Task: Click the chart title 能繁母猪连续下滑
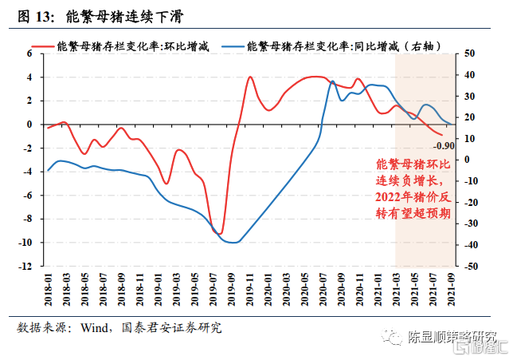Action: tap(119, 15)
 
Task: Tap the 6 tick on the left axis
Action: tap(29, 53)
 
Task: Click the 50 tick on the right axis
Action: tap(468, 53)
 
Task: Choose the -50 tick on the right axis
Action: tap(470, 267)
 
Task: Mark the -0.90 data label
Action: tap(444, 145)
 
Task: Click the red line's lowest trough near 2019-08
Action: tap(220, 234)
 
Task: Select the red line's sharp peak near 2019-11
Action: tap(250, 77)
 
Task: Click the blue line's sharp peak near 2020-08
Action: tap(332, 81)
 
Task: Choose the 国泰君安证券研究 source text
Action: tap(172, 328)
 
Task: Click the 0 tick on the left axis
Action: tap(29, 125)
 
